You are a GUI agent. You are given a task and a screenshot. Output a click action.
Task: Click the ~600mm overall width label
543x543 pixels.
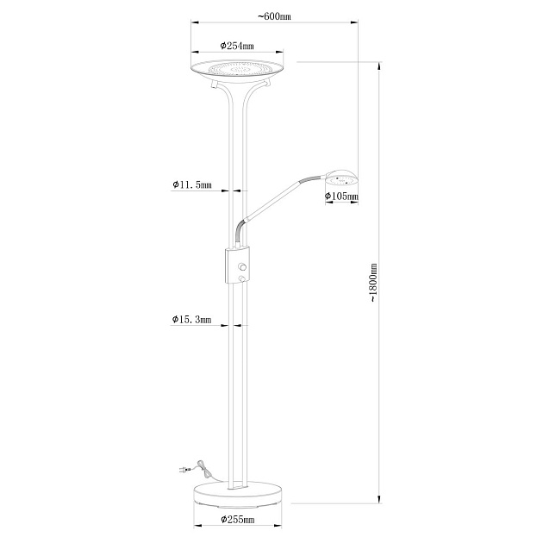[274, 16]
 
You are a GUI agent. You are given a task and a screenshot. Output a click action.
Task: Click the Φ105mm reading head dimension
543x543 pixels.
[340, 197]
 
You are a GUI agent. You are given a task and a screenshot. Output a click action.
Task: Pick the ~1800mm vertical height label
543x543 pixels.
[372, 281]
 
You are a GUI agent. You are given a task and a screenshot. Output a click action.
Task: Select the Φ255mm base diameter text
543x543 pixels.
[237, 520]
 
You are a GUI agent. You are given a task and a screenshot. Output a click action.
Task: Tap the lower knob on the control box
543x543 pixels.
[243, 278]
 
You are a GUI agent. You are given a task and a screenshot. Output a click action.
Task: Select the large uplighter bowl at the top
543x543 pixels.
[237, 69]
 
